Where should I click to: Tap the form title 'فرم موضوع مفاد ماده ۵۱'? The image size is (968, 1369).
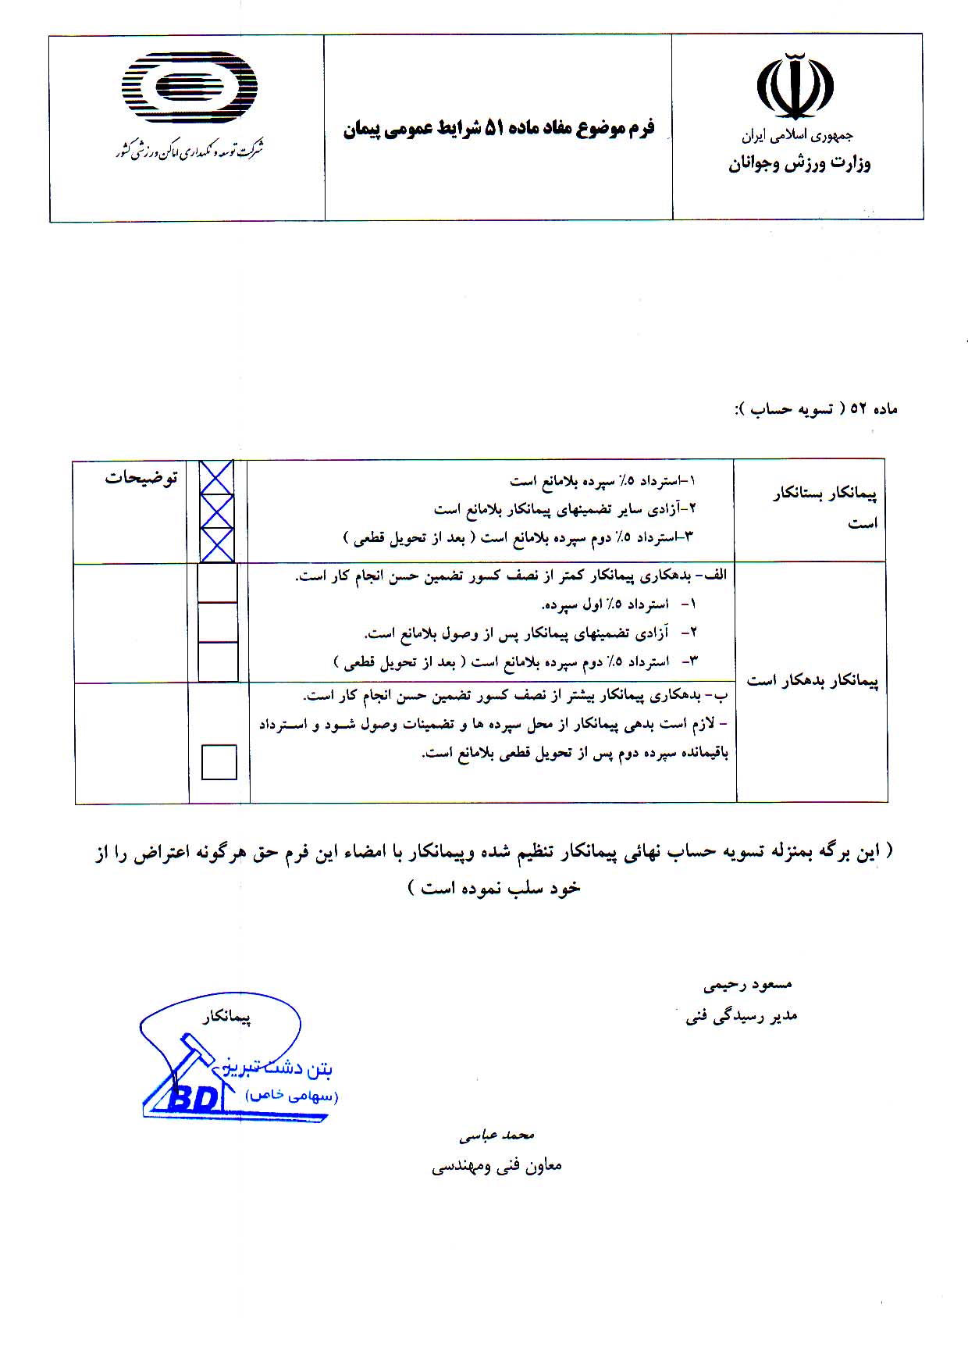(x=499, y=128)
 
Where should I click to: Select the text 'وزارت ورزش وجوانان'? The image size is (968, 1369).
(x=799, y=165)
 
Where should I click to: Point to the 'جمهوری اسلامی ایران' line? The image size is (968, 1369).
(x=798, y=136)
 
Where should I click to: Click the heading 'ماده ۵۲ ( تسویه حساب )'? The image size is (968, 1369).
(x=817, y=408)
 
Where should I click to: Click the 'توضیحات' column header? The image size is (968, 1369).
(x=141, y=478)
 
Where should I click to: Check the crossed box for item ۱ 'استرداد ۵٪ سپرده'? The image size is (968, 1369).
(x=217, y=477)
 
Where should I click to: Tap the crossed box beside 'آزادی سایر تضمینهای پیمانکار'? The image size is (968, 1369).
(x=217, y=511)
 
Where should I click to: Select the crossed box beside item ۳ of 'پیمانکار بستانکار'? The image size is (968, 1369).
(x=217, y=544)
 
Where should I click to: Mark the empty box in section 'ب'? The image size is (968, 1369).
(x=219, y=762)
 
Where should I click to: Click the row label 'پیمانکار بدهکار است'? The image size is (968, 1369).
(x=813, y=681)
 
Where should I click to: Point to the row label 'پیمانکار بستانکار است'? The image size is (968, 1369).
(x=825, y=508)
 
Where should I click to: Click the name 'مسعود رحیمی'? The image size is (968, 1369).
(x=747, y=985)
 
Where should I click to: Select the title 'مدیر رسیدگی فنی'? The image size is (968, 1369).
(x=742, y=1016)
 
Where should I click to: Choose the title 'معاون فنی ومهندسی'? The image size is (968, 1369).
(x=496, y=1166)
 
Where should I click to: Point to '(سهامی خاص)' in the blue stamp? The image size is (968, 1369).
(x=292, y=1096)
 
